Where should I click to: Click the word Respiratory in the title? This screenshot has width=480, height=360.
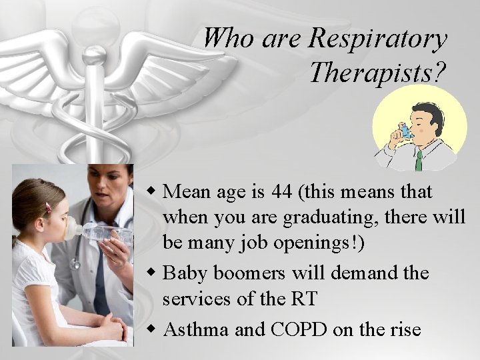[377, 39]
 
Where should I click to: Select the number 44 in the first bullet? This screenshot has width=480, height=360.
[282, 192]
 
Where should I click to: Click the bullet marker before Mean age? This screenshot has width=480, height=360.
[153, 193]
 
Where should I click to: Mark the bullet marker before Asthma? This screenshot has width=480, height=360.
[153, 329]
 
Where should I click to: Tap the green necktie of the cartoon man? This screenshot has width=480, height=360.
[419, 161]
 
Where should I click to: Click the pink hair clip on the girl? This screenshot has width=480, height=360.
[47, 207]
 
